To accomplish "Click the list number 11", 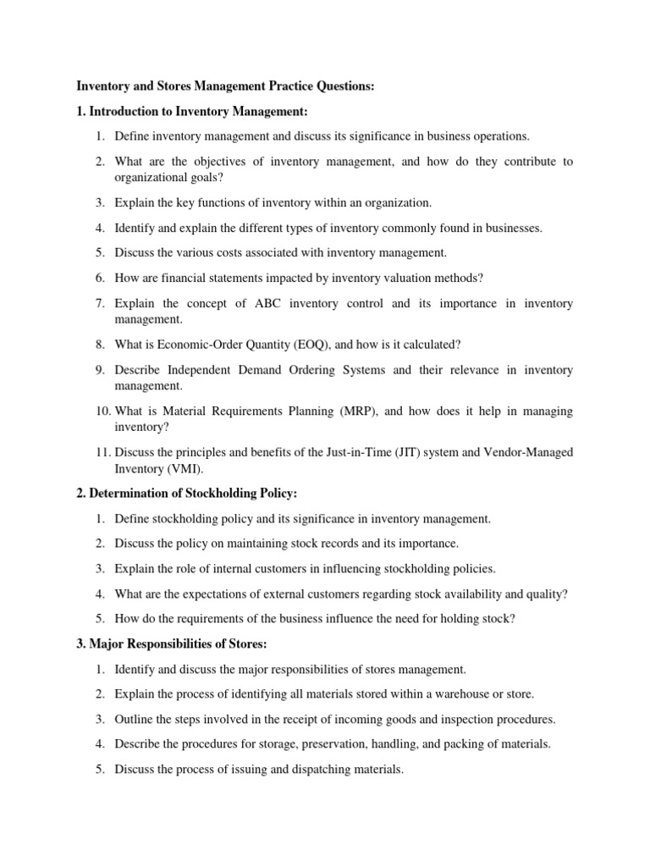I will pyautogui.click(x=102, y=453).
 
